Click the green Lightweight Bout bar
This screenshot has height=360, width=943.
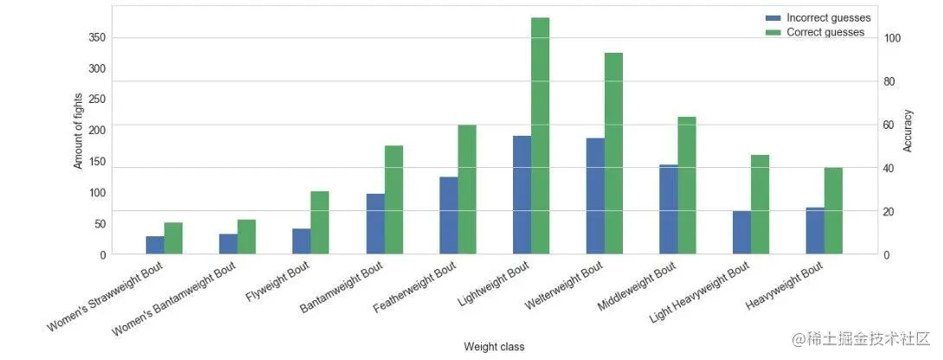[x=540, y=136]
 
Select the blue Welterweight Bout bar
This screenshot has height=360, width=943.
[x=595, y=196]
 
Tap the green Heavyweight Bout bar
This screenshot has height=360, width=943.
[x=833, y=210]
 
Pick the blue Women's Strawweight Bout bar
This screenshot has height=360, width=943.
[x=155, y=245]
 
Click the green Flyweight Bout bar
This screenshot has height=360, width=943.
[x=320, y=222]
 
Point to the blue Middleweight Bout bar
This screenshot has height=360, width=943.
[x=669, y=209]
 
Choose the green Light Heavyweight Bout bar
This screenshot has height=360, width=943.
[x=760, y=205]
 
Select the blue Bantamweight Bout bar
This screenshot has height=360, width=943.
[x=375, y=224]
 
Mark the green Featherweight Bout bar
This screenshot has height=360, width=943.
[x=466, y=190]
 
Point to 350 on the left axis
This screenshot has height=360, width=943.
[x=98, y=38]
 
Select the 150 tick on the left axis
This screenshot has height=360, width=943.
[x=98, y=161]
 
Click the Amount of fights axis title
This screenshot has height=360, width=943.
[x=78, y=131]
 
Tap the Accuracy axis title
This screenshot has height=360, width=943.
[x=908, y=131]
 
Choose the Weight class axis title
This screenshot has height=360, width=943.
[x=494, y=347]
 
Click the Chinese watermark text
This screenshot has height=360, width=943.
[x=861, y=338]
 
